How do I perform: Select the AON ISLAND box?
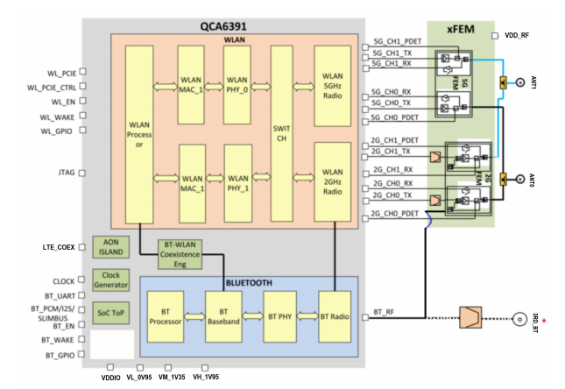pyautogui.click(x=111, y=247)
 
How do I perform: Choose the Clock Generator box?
pyautogui.click(x=111, y=281)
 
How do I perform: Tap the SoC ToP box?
pyautogui.click(x=111, y=312)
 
